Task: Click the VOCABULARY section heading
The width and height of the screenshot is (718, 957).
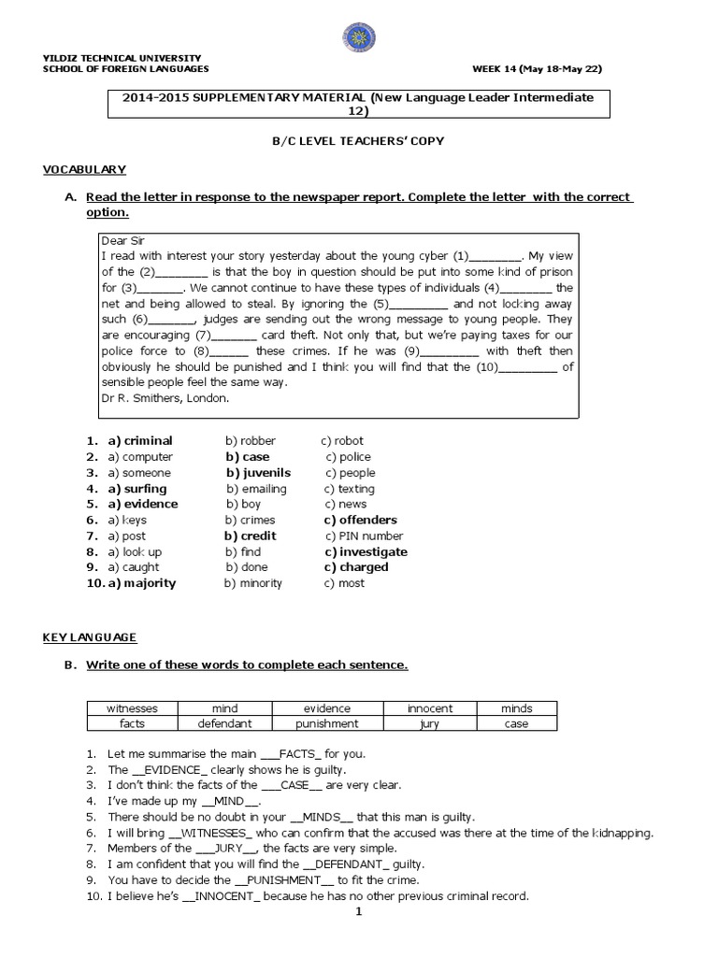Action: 84,169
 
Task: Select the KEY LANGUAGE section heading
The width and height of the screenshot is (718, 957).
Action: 90,637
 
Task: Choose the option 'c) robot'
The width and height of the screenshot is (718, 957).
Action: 342,440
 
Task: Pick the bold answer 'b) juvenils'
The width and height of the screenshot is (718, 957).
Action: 258,473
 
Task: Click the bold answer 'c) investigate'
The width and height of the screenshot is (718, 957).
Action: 366,551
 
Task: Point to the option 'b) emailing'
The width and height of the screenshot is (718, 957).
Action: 256,489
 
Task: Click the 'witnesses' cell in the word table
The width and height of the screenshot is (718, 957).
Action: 132,709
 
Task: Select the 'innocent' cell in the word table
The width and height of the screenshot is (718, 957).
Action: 430,709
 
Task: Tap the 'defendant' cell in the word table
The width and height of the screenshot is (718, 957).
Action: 224,723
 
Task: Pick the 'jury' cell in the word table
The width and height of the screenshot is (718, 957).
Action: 430,723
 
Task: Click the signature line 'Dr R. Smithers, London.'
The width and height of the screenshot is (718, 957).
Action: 164,397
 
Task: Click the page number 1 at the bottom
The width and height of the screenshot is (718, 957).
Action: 357,913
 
